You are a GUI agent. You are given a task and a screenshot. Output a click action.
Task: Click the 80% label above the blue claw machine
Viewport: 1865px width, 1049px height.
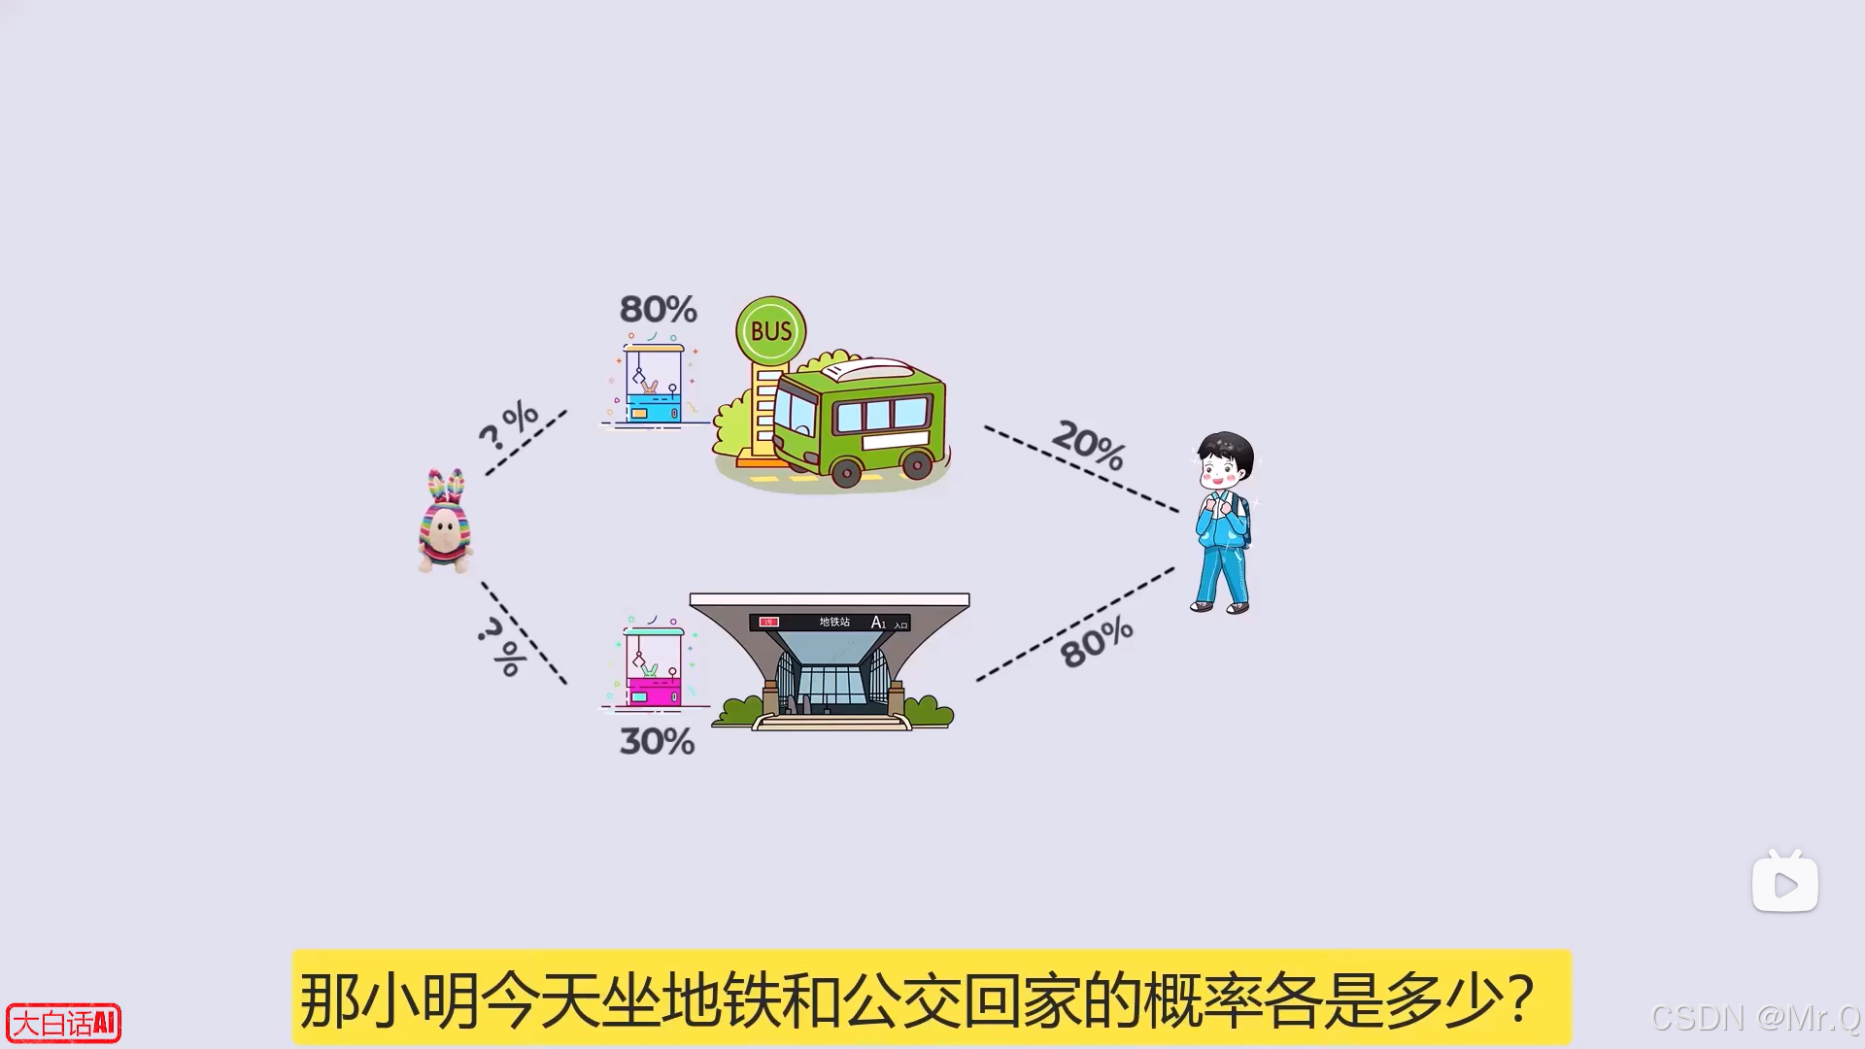(659, 310)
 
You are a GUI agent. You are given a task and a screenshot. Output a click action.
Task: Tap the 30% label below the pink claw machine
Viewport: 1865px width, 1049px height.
(658, 742)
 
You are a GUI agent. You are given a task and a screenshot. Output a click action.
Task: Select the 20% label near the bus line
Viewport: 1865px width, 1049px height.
(1089, 444)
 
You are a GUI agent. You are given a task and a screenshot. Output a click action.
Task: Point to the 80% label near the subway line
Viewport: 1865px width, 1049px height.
(1097, 642)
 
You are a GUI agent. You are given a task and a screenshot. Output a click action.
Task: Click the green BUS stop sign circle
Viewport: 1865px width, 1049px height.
(771, 331)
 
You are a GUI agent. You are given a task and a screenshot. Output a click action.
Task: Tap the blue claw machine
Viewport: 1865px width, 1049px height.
(654, 384)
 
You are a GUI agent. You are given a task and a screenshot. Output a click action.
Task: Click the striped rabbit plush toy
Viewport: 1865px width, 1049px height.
(445, 522)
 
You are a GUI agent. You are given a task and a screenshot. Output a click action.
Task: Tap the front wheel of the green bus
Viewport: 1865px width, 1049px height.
(846, 473)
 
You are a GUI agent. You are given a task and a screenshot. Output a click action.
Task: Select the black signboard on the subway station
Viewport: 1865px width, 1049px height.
(830, 622)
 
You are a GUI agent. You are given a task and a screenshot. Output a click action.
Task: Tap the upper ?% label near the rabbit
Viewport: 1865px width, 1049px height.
(508, 424)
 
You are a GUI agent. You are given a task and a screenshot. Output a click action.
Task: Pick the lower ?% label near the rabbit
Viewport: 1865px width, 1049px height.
(502, 645)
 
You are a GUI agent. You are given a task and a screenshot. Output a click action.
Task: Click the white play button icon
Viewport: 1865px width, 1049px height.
(1784, 884)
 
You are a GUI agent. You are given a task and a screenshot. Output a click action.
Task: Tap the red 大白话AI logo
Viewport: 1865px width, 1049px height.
(64, 1023)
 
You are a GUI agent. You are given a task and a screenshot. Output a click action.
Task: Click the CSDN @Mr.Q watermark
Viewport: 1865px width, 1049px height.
(1755, 1018)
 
